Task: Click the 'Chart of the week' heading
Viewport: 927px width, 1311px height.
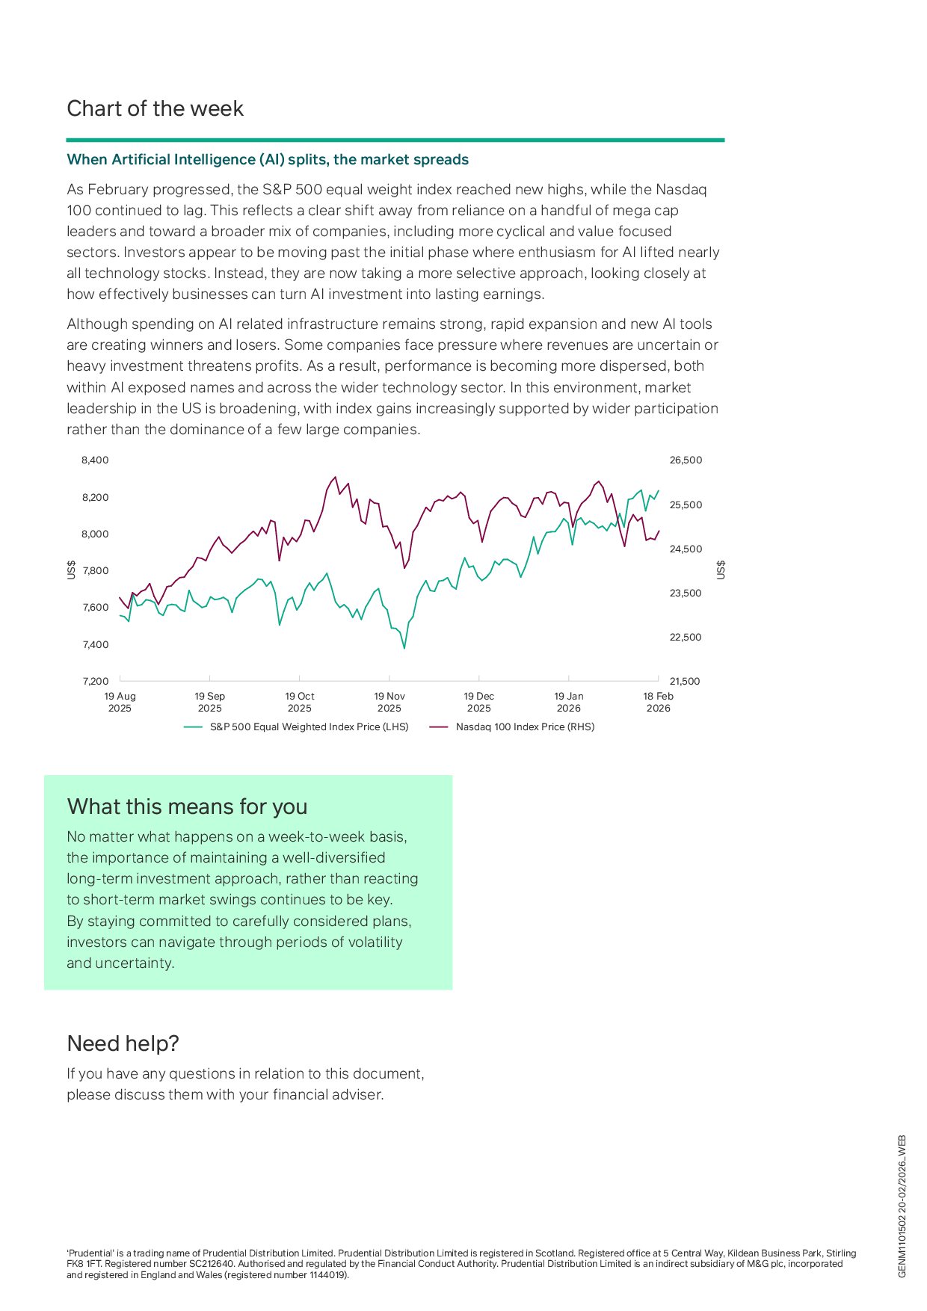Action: pyautogui.click(x=155, y=109)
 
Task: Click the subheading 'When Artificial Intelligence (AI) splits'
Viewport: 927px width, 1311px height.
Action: pyautogui.click(x=268, y=159)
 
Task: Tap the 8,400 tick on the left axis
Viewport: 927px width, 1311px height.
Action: pyautogui.click(x=95, y=460)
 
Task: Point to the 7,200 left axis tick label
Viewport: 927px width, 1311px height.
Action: pyautogui.click(x=95, y=682)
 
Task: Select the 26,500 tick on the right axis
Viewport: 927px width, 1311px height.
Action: pyautogui.click(x=686, y=460)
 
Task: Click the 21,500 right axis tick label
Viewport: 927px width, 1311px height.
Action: pyautogui.click(x=686, y=682)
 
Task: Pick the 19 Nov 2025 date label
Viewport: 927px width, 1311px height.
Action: pyautogui.click(x=389, y=702)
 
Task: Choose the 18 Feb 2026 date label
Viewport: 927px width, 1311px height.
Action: pyautogui.click(x=658, y=702)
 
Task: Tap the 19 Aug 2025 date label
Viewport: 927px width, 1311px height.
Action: pyautogui.click(x=120, y=702)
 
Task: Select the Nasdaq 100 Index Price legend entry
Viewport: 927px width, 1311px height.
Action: pyautogui.click(x=525, y=727)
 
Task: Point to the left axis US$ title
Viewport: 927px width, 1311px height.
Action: pyautogui.click(x=72, y=570)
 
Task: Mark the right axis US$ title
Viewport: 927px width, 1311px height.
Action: pyautogui.click(x=721, y=570)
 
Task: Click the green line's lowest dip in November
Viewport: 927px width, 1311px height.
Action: pyautogui.click(x=404, y=647)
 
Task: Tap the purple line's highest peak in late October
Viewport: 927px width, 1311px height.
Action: pyautogui.click(x=335, y=477)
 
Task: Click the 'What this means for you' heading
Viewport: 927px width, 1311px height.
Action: pyautogui.click(x=187, y=807)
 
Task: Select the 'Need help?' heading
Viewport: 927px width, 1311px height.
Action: pyautogui.click(x=123, y=1043)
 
